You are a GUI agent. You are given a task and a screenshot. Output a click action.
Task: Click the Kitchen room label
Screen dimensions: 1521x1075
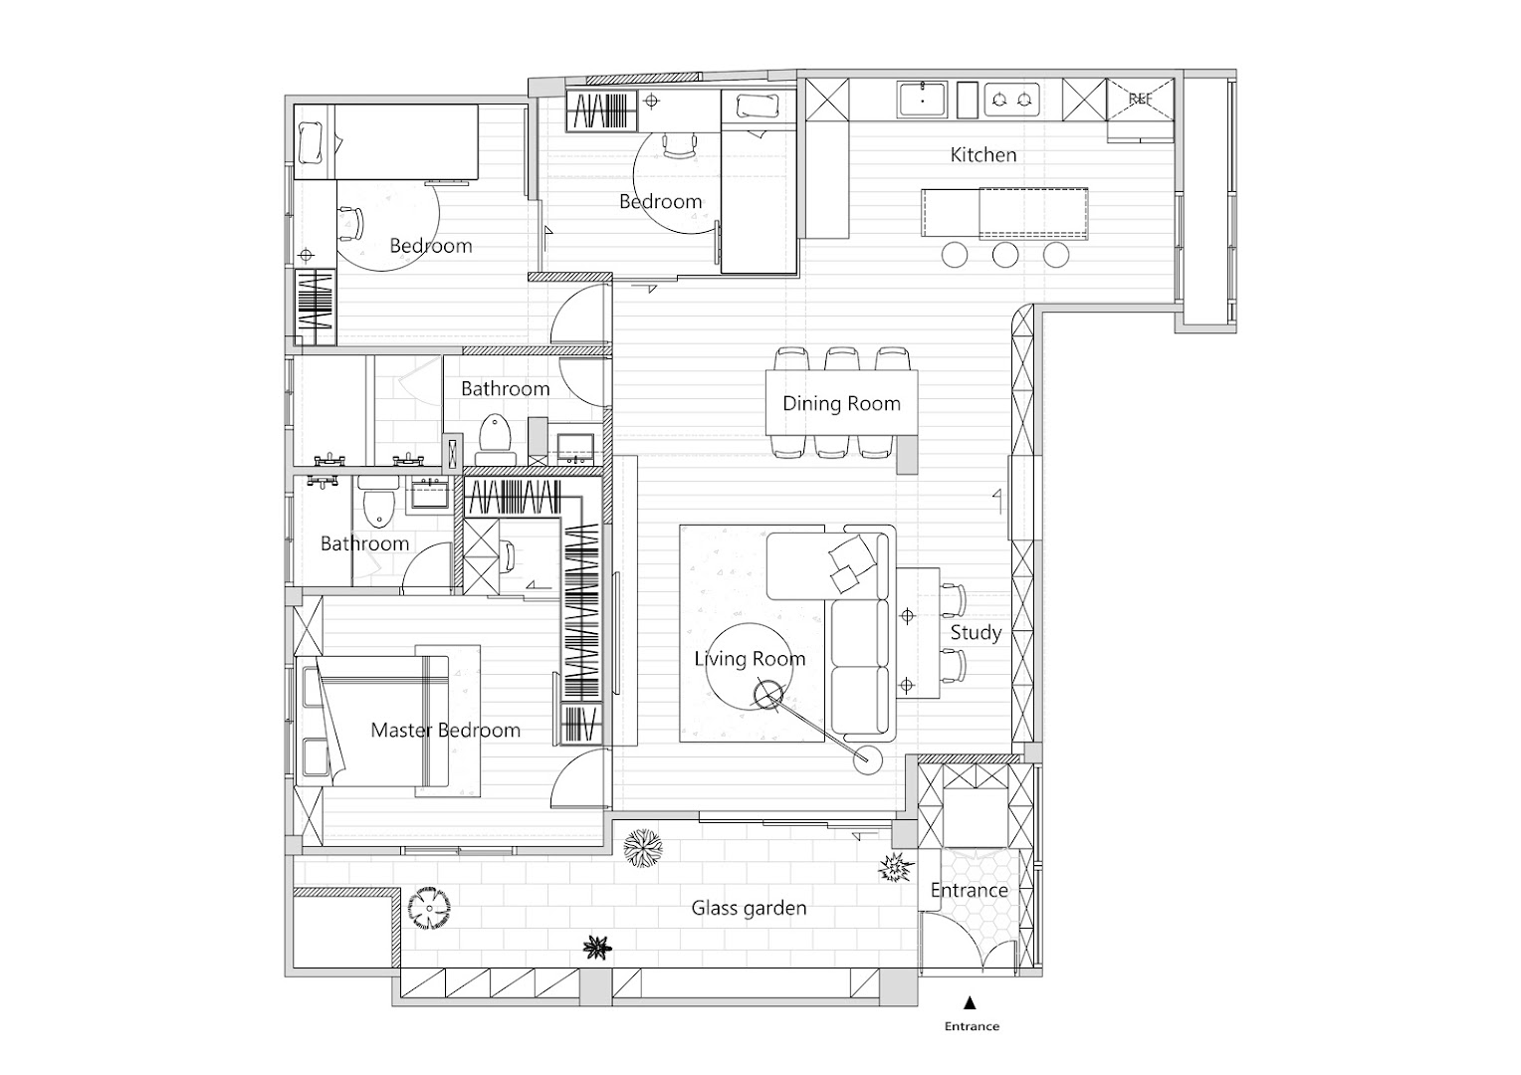click(x=983, y=155)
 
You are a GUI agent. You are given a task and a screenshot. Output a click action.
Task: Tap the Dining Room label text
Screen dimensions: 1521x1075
click(x=841, y=403)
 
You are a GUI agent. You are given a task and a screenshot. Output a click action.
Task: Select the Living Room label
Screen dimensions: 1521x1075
click(x=750, y=659)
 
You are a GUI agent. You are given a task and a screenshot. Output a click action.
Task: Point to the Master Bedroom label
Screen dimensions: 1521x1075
click(x=445, y=730)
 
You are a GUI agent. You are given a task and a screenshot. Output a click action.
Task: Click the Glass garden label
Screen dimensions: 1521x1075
click(x=749, y=908)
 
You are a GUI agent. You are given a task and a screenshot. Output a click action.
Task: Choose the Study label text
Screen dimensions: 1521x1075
click(x=976, y=633)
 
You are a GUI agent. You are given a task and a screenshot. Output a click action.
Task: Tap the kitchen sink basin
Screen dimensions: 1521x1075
click(x=922, y=100)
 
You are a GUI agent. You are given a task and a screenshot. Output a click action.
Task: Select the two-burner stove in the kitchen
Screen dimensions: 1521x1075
click(x=1011, y=100)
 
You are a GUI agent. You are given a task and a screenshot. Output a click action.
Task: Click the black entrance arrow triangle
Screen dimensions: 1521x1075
click(x=970, y=1002)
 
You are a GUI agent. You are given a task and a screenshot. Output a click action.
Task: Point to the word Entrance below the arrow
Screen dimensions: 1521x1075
click(x=972, y=1026)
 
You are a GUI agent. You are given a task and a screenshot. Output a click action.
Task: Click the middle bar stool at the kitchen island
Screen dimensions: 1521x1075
click(x=1005, y=255)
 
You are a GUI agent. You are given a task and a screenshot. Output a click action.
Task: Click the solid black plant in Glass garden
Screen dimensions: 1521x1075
click(x=597, y=948)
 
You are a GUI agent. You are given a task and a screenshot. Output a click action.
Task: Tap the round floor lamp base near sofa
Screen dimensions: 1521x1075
click(x=867, y=759)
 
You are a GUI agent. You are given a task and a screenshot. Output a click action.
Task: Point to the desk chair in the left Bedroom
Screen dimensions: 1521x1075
click(x=350, y=223)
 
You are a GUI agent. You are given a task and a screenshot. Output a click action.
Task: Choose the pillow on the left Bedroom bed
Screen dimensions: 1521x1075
click(x=310, y=142)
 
